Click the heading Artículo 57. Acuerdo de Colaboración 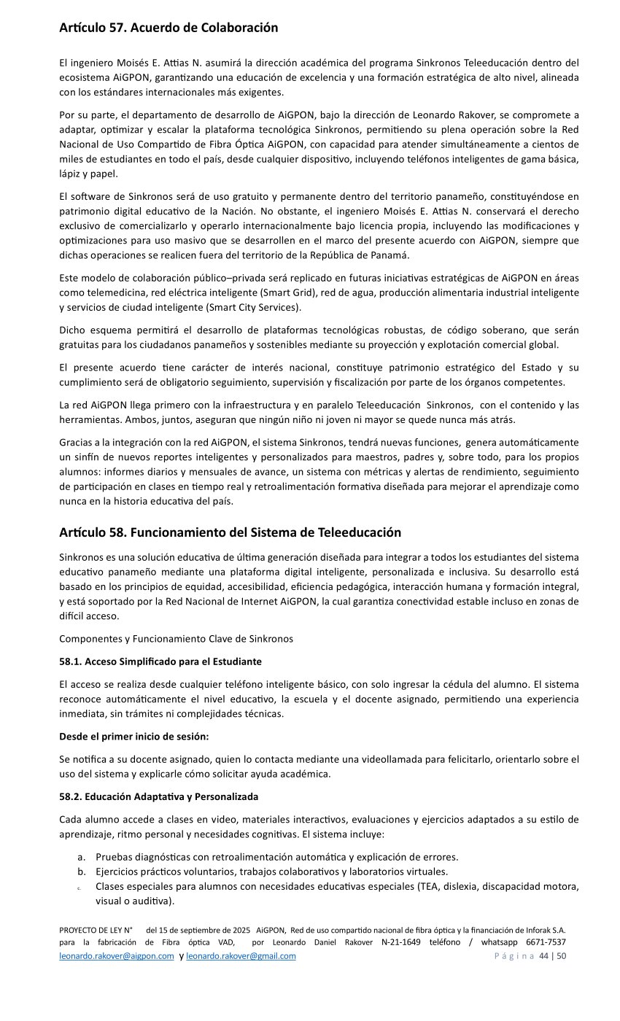click(x=168, y=28)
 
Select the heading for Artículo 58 click(x=230, y=532)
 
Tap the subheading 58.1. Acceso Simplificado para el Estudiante click(x=160, y=661)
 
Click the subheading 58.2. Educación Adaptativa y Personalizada click(x=158, y=796)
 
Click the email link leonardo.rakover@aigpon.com click(x=117, y=956)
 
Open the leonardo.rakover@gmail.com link click(x=241, y=956)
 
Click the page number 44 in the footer click(x=543, y=956)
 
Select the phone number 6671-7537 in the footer click(x=546, y=942)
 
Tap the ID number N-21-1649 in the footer click(x=401, y=942)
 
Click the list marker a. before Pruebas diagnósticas click(x=82, y=857)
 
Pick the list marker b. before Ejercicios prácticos click(x=82, y=871)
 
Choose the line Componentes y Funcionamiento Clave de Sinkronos click(x=176, y=639)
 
